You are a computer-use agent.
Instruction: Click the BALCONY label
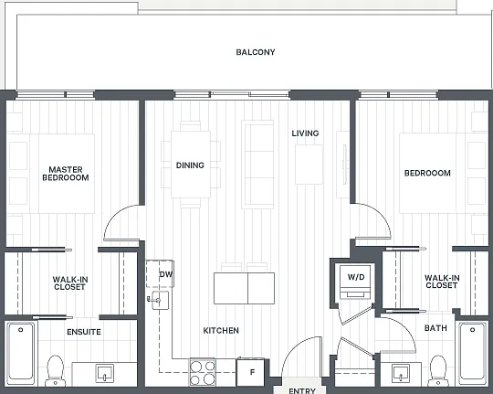256,52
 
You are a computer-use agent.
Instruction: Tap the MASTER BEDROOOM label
66,174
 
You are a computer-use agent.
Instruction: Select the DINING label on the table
190,165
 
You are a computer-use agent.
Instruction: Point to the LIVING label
305,133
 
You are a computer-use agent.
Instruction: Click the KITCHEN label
221,330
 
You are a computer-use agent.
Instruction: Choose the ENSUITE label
84,332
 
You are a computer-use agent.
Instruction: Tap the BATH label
435,328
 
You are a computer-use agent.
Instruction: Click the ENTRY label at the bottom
302,391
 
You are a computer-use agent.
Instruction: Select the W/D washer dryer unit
356,282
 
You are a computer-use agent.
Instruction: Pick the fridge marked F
250,372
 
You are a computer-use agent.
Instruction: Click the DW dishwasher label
165,274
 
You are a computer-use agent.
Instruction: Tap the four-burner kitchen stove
202,372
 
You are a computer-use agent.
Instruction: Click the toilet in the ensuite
56,371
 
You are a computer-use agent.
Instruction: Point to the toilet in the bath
438,371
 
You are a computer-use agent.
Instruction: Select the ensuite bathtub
21,353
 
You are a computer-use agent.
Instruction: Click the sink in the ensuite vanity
104,374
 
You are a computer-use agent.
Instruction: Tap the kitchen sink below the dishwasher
160,300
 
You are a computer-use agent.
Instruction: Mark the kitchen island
244,288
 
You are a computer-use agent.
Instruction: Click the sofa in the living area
257,164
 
